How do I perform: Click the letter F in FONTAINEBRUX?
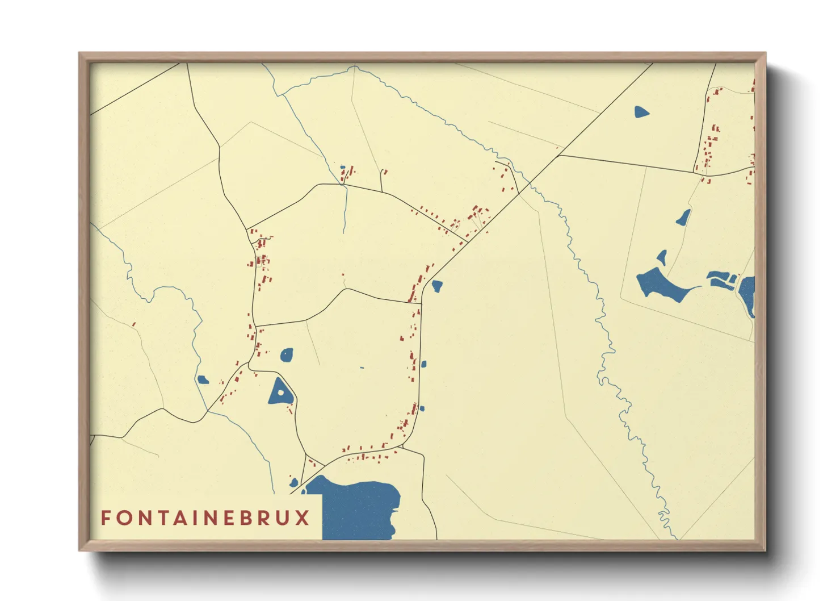(x=106, y=517)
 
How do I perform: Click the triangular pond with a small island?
(x=280, y=392)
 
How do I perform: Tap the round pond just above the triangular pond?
(x=287, y=356)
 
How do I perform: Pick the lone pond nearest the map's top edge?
(x=641, y=112)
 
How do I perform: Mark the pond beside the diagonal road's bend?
(x=436, y=286)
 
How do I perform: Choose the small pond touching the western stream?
(x=203, y=379)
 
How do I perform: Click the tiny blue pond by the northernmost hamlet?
(x=342, y=168)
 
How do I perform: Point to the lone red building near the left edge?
(x=134, y=324)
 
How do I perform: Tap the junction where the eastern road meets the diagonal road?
(x=558, y=155)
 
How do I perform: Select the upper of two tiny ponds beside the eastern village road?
(x=423, y=364)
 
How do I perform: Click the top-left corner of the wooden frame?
(x=79, y=53)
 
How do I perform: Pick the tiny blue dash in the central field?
(x=362, y=368)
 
